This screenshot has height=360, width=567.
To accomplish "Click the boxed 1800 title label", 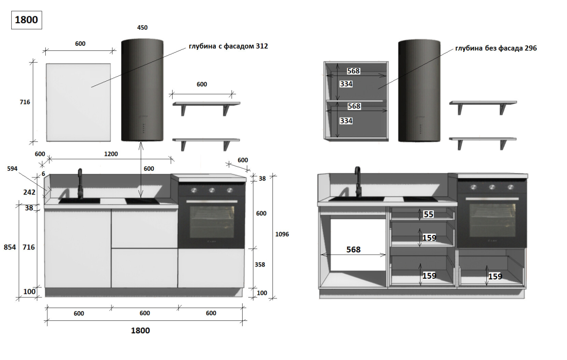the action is click(x=26, y=20).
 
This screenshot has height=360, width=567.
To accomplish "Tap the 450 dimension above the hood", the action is click(x=142, y=27).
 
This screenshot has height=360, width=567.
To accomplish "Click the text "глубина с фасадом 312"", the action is click(x=228, y=46).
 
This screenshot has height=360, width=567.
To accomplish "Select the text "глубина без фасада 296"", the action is click(x=496, y=48).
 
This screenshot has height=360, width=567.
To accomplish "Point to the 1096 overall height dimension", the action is click(x=282, y=234).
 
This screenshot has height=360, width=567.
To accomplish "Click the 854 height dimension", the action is click(x=10, y=247).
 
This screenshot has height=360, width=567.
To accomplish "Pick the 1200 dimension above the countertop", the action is click(x=111, y=154).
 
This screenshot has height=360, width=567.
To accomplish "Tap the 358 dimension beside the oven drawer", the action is click(x=260, y=264).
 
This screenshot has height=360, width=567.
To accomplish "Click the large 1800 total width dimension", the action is click(x=140, y=330).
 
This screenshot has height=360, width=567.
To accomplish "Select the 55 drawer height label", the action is click(x=429, y=214).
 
